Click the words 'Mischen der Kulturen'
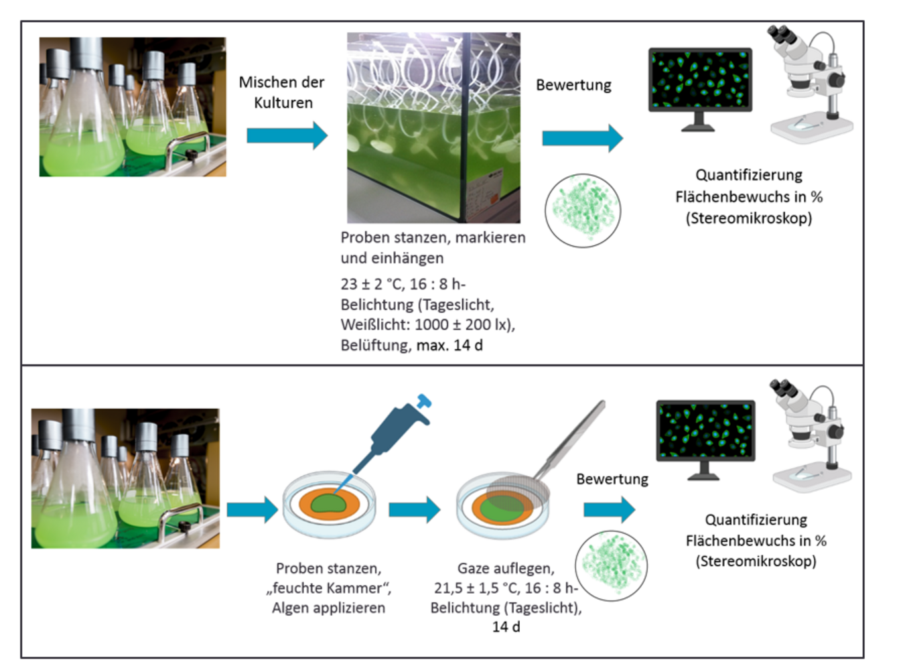pos(282,92)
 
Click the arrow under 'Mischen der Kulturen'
pos(287,135)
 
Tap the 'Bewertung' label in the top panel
pos(573,85)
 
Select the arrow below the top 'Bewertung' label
pos(581,138)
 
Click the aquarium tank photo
pos(433,127)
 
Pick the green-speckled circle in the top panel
pos(583,210)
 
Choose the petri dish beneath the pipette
pos(329,505)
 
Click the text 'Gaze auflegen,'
pos(506,568)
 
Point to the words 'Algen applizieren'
pos(328,608)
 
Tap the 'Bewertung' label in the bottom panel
pos(612,479)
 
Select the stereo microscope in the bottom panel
pos(812,435)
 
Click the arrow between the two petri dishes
pos(414,510)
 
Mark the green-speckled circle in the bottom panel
pos(611,565)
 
